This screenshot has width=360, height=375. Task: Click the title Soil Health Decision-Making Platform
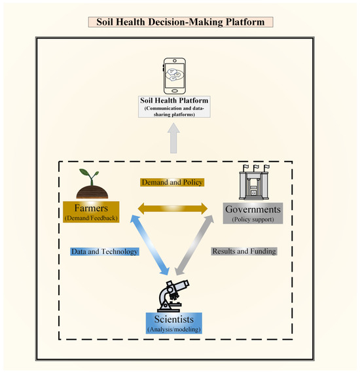point(180,22)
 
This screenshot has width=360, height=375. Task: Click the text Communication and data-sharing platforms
point(174,112)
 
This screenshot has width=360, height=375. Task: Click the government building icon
point(251,183)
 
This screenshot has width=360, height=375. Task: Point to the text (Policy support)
point(253,219)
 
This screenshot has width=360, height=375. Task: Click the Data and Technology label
point(104,251)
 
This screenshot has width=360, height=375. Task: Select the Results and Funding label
point(244,251)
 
